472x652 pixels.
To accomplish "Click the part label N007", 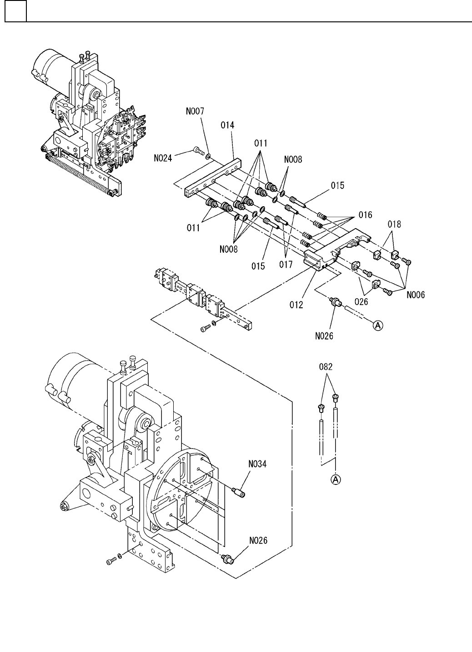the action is point(195,111).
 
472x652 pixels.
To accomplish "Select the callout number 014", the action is point(227,125).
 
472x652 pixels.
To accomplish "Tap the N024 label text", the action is point(163,158).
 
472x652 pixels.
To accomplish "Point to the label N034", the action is point(257,464).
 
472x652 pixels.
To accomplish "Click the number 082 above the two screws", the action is point(326,367).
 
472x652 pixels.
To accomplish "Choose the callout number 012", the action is point(296,305).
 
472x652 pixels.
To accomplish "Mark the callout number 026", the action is point(361,301).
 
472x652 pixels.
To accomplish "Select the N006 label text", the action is point(416,295).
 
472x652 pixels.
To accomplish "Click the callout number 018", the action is point(394,224).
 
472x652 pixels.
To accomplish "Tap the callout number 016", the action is point(365,215).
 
